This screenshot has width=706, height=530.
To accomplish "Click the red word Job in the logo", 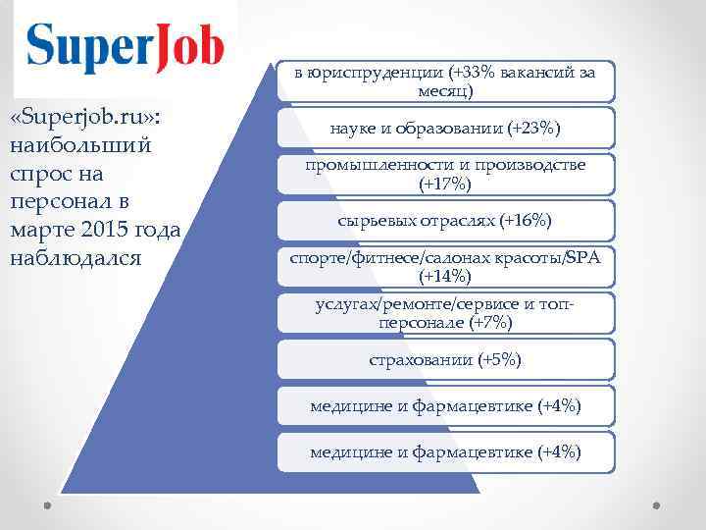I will (x=190, y=47).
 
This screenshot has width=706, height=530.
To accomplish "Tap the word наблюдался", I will (x=76, y=258).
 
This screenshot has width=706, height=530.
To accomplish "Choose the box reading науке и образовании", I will (x=445, y=129).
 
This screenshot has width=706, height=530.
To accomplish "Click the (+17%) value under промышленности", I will (x=445, y=184).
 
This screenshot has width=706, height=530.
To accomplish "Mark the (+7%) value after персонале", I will (x=490, y=322).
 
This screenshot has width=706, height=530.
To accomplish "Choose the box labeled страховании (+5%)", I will (x=445, y=359).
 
